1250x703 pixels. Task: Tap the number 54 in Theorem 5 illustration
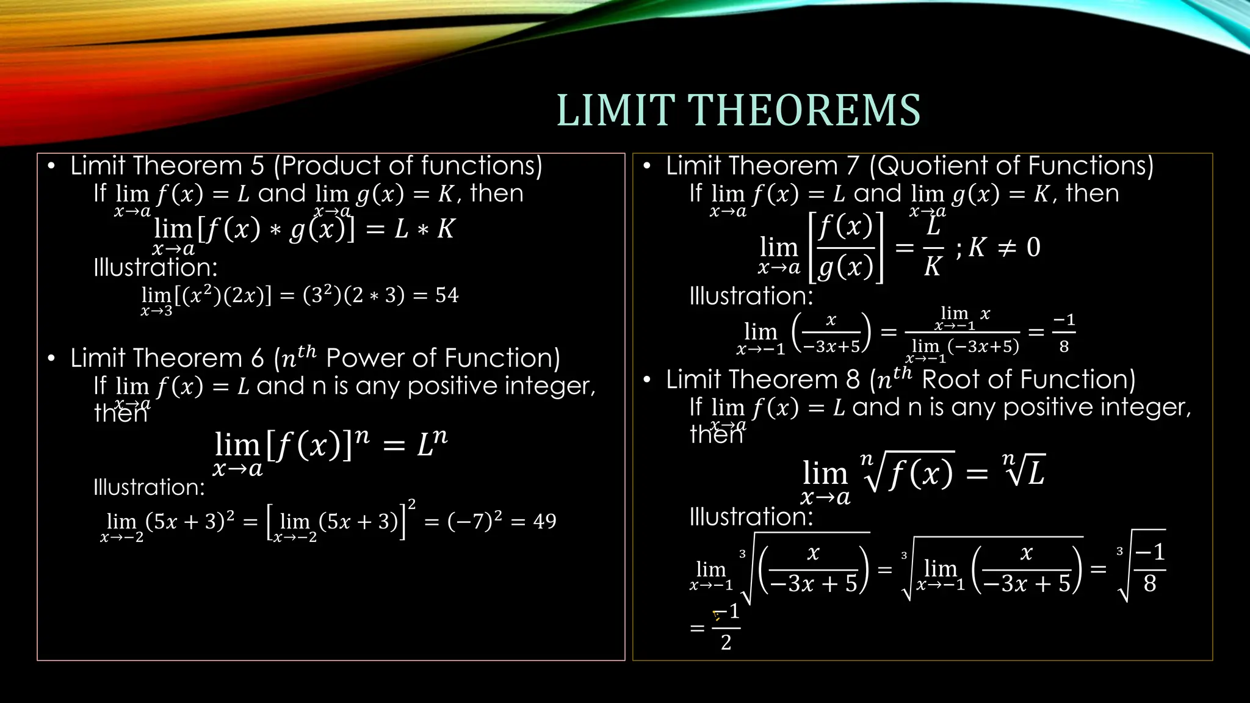click(x=447, y=295)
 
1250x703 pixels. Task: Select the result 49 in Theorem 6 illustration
click(x=544, y=521)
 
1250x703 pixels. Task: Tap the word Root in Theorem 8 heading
click(x=951, y=380)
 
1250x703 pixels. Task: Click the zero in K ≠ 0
click(x=1033, y=247)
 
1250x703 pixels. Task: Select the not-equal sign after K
click(x=1006, y=247)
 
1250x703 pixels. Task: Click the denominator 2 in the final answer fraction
click(x=726, y=642)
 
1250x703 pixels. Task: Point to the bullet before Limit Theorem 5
click(x=52, y=167)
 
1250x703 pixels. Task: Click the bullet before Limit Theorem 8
click(x=648, y=380)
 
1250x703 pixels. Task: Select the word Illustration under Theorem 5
click(x=155, y=267)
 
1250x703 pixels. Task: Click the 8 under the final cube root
click(x=1150, y=583)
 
